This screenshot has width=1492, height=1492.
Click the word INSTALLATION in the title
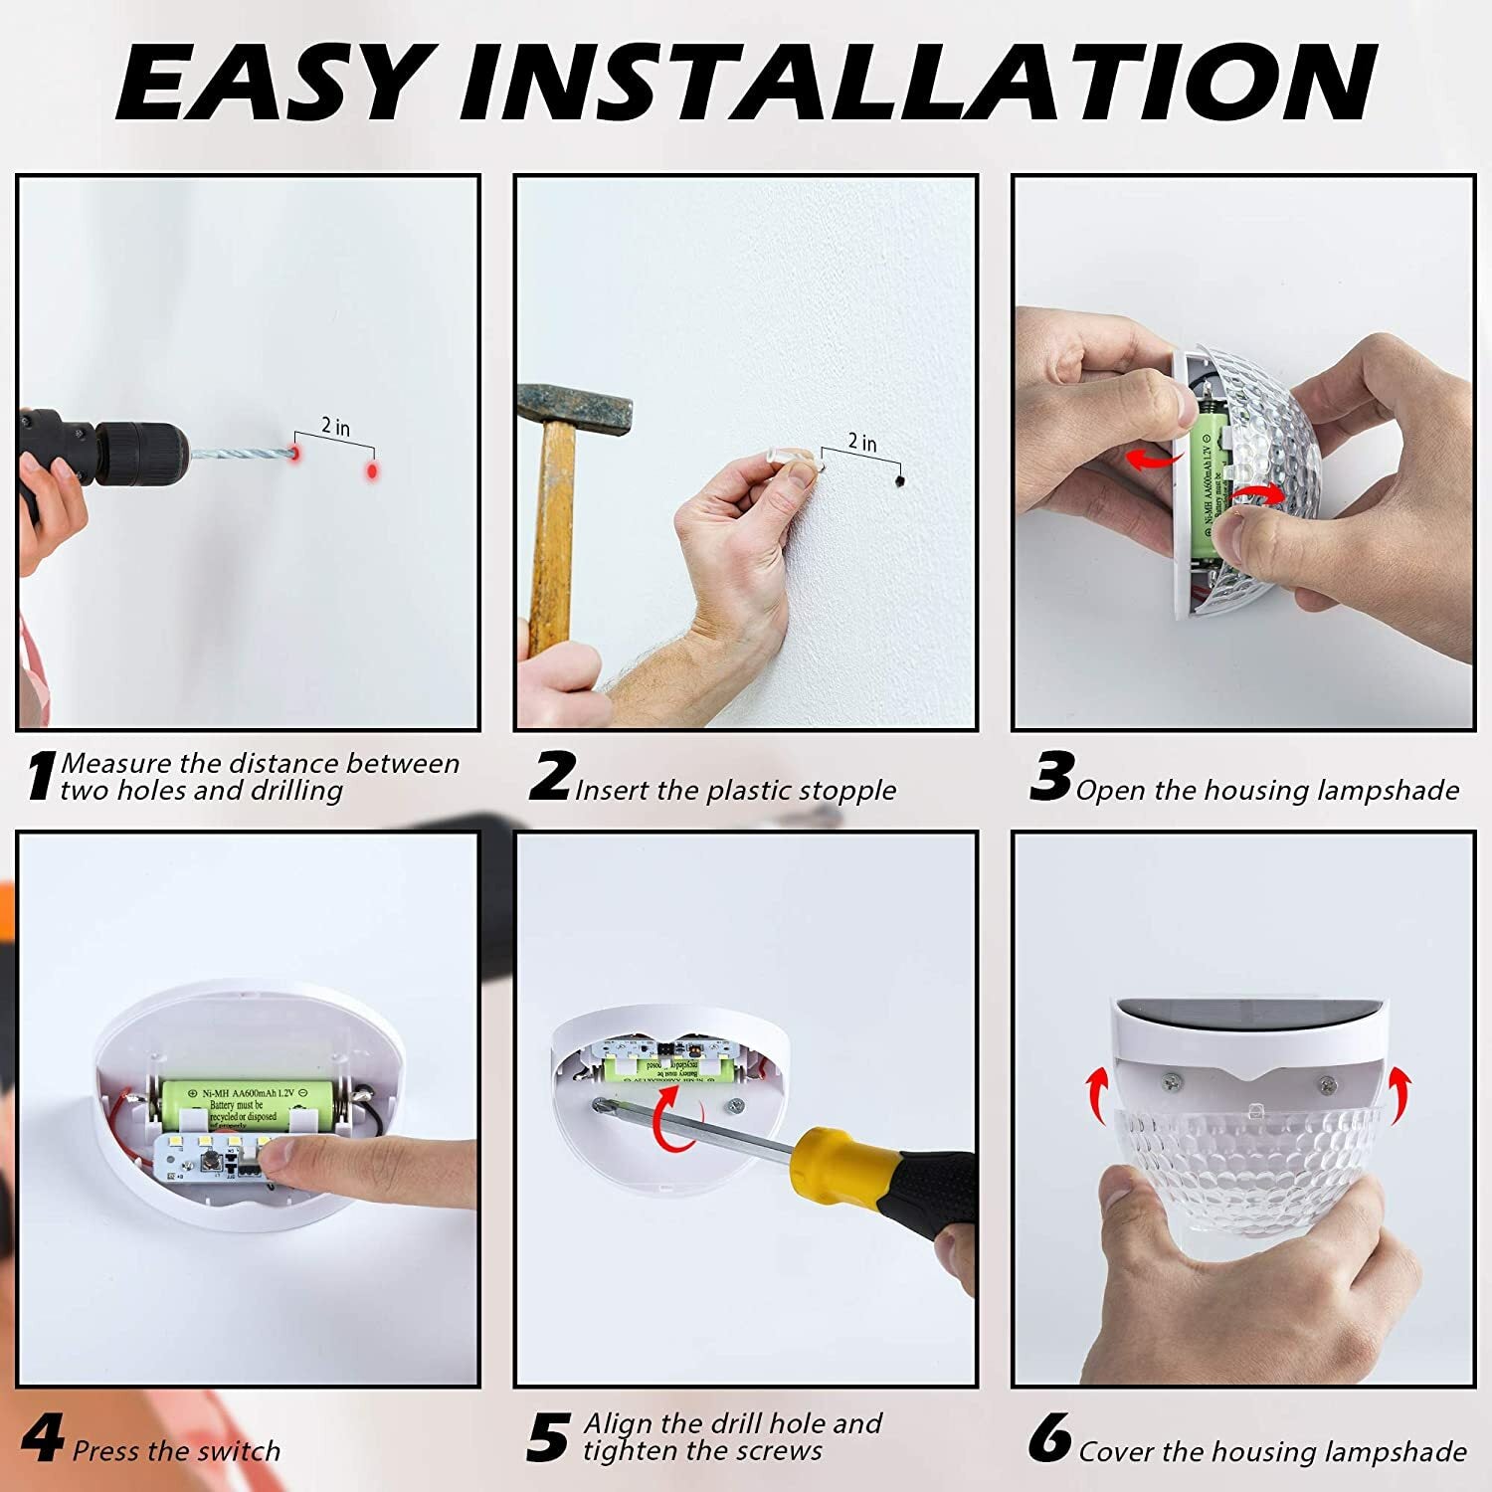[915, 82]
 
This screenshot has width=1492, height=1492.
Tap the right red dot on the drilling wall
[372, 469]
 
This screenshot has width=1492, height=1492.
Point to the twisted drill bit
[239, 454]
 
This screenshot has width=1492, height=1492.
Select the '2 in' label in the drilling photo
[335, 427]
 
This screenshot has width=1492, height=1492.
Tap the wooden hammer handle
[551, 537]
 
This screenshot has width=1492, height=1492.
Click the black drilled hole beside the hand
[898, 481]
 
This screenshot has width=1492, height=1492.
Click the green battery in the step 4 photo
[239, 1101]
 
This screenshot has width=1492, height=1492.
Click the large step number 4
[42, 1439]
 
